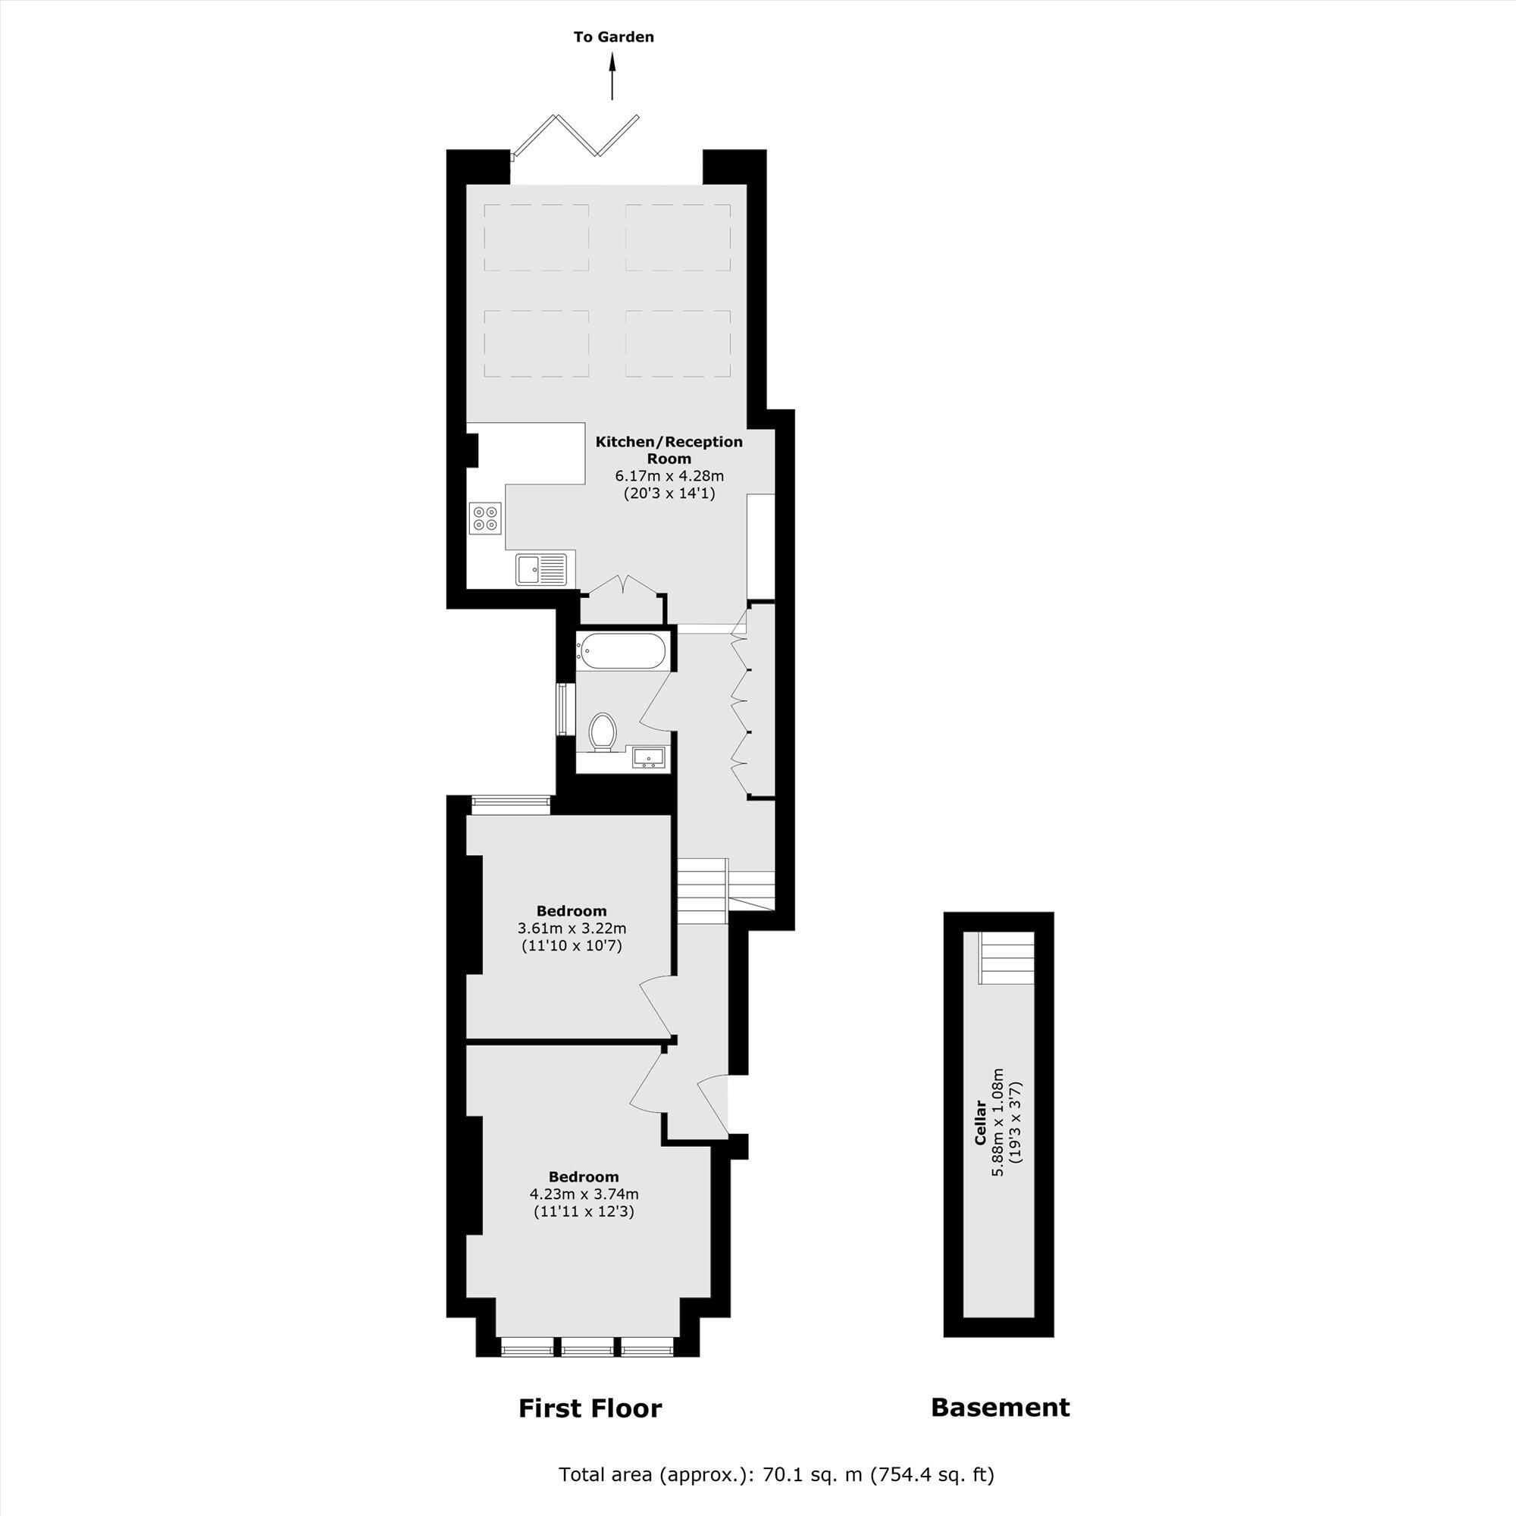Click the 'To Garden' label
[x=612, y=37]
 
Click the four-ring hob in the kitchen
[x=484, y=518]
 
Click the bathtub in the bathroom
[x=622, y=651]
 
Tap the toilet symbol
[x=603, y=731]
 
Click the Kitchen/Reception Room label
[x=669, y=449]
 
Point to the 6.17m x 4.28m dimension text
[x=669, y=475]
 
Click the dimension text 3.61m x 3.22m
[x=572, y=929]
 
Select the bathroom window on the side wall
[x=562, y=709]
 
